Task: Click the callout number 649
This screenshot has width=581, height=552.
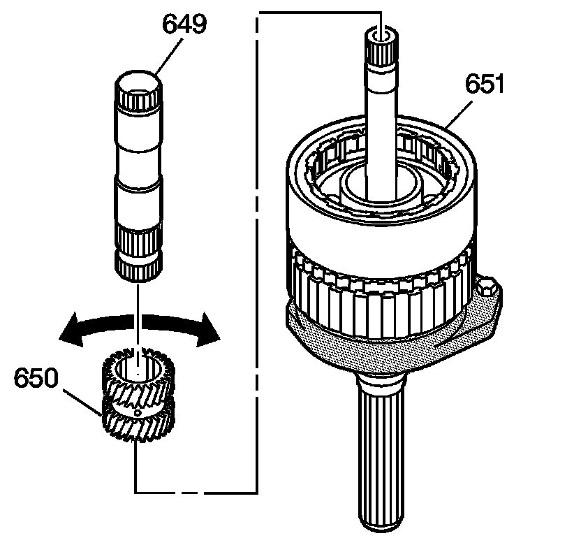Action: (184, 26)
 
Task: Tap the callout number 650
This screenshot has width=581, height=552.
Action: (36, 379)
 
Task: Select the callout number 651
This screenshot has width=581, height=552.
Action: (484, 87)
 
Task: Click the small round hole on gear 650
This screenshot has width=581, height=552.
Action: (138, 414)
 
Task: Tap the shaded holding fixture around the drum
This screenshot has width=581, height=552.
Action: (391, 349)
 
